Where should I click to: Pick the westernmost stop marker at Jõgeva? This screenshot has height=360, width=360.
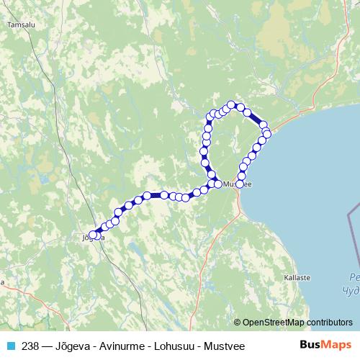(x=91, y=234)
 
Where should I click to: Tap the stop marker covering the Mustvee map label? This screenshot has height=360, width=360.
(x=240, y=184)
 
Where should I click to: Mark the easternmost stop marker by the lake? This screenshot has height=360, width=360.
(x=267, y=134)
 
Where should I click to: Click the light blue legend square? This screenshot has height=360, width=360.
(x=11, y=346)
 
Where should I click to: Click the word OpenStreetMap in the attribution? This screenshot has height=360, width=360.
(x=273, y=323)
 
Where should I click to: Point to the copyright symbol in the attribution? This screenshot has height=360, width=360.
(x=237, y=323)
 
